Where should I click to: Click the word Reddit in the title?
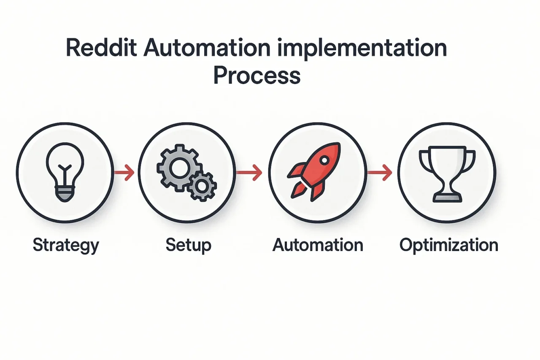pyautogui.click(x=101, y=48)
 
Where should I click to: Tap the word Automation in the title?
pyautogui.click(x=207, y=48)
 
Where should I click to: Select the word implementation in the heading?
pyautogui.click(x=362, y=49)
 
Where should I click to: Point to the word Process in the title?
pyautogui.click(x=257, y=75)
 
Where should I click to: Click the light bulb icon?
pyautogui.click(x=65, y=172)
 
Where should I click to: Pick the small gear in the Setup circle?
pyautogui.click(x=202, y=186)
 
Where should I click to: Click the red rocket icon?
pyautogui.click(x=314, y=172)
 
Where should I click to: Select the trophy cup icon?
pyautogui.click(x=448, y=174)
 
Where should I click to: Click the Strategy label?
pyautogui.click(x=66, y=246)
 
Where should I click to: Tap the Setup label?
pyautogui.click(x=189, y=246)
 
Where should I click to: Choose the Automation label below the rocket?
pyautogui.click(x=318, y=245)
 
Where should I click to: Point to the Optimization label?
pyautogui.click(x=449, y=246)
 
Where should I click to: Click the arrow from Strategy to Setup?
pyautogui.click(x=124, y=173)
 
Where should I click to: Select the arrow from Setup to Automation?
pyautogui.click(x=249, y=173)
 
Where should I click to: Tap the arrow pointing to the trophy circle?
pyautogui.click(x=380, y=173)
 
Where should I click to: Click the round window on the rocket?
pyautogui.click(x=324, y=160)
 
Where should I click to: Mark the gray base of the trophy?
pyautogui.click(x=448, y=198)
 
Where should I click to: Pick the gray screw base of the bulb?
pyautogui.click(x=65, y=194)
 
